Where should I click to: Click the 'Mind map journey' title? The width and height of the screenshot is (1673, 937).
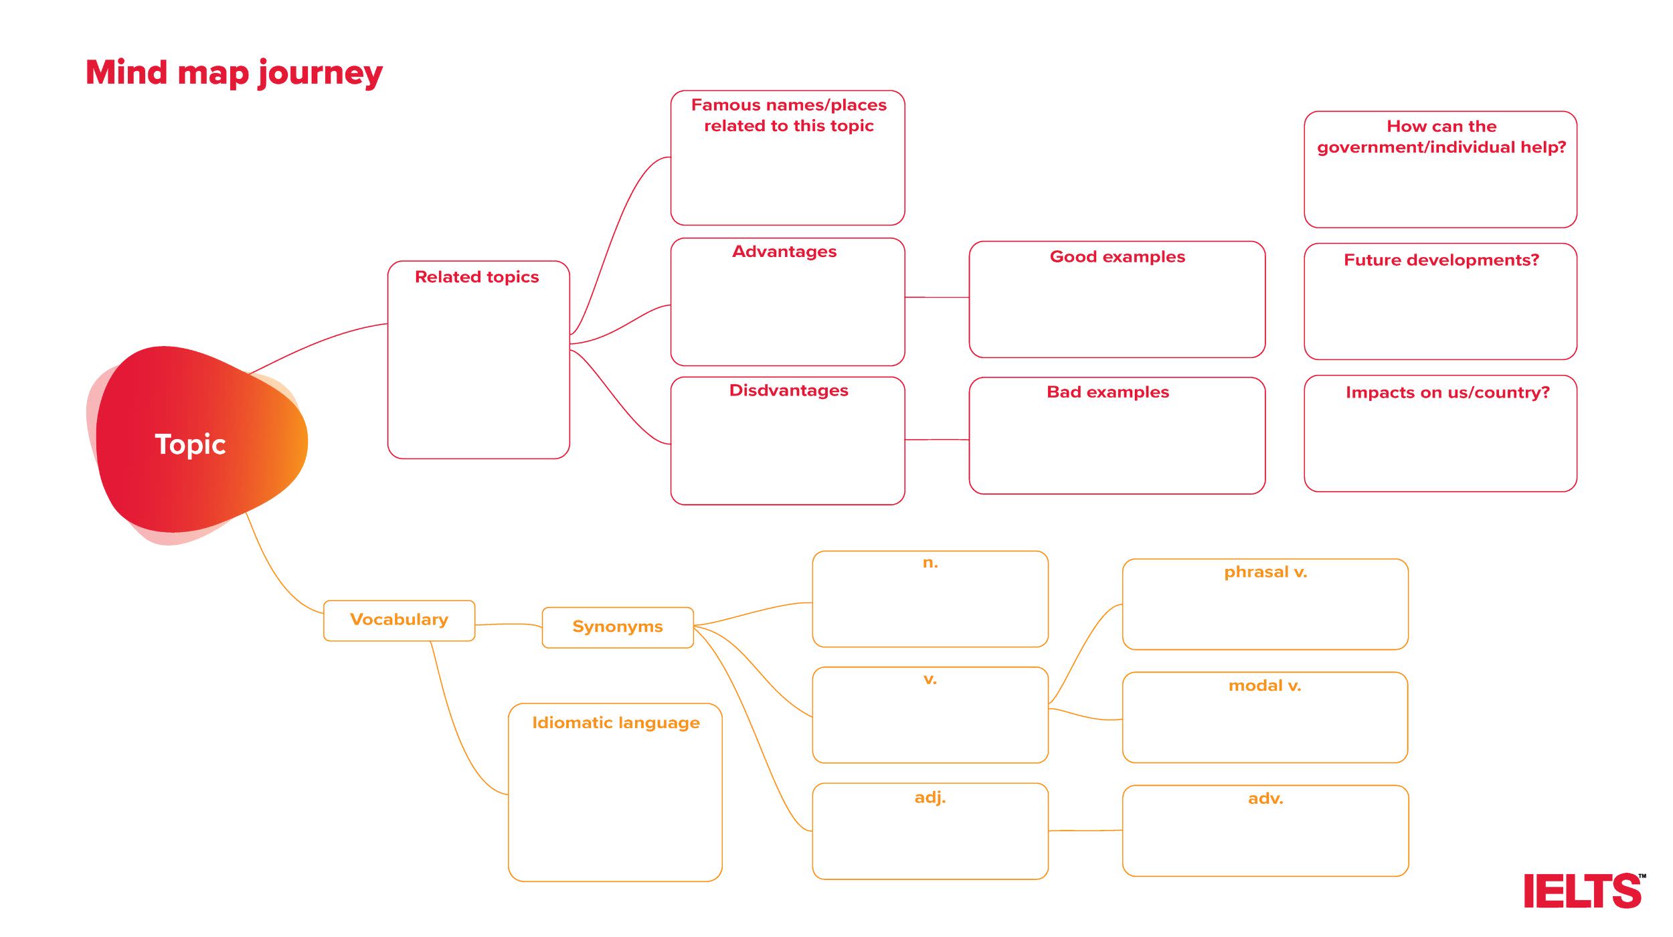(234, 72)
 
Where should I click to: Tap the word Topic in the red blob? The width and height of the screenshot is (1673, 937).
(190, 444)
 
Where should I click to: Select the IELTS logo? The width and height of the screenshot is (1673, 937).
(1583, 891)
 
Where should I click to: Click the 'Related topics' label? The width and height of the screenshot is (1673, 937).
(476, 277)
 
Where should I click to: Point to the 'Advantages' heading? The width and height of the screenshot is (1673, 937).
(784, 252)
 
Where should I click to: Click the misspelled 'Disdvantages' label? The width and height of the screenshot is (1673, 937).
(788, 391)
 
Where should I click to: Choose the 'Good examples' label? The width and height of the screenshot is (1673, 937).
(1117, 257)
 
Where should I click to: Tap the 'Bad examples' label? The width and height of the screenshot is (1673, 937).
(1108, 392)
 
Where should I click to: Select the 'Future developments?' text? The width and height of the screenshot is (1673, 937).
(1441, 260)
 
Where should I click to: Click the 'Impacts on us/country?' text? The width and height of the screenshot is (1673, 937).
(1447, 393)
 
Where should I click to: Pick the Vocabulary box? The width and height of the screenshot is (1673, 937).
(399, 620)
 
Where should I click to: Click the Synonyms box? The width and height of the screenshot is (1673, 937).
(617, 627)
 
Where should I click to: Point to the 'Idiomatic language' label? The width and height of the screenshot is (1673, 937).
(616, 723)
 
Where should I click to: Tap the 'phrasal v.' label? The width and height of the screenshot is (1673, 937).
(1265, 572)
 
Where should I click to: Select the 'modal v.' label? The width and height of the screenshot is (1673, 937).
(1264, 686)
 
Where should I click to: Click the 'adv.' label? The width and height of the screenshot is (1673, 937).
(1265, 798)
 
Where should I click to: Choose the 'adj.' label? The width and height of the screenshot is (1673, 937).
(930, 797)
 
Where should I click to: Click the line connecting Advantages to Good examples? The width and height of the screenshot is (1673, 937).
(937, 297)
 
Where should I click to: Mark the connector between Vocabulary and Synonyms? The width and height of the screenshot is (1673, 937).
(509, 624)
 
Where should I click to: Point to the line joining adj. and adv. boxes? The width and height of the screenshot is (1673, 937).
(1085, 831)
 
